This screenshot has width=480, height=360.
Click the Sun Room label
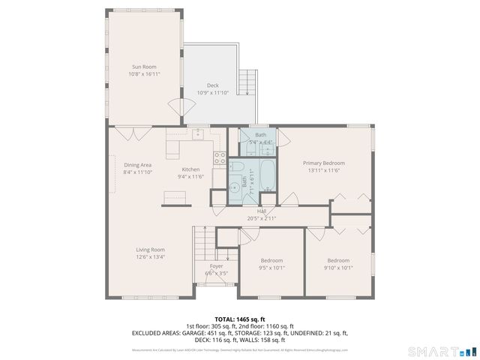(144, 67)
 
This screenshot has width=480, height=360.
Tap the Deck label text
(213, 85)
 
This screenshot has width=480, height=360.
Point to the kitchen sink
(198, 134)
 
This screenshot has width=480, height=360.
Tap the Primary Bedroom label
(323, 163)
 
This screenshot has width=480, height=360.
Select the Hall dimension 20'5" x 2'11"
(262, 218)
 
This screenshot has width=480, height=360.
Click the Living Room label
(150, 250)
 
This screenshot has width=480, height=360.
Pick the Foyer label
(216, 265)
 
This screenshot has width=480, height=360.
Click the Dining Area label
(138, 165)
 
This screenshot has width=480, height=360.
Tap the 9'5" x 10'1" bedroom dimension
(271, 268)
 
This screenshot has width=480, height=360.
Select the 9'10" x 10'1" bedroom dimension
(338, 268)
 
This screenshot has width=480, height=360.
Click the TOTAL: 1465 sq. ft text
(239, 319)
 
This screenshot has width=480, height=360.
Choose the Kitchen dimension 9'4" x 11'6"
(190, 177)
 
